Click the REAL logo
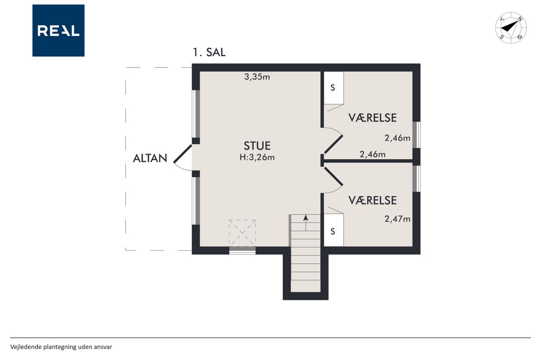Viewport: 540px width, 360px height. [58, 30]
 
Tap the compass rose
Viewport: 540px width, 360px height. [511, 28]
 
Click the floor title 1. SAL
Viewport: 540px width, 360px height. [209, 52]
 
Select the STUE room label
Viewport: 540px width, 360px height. [257, 146]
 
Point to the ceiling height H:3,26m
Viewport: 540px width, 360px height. [257, 157]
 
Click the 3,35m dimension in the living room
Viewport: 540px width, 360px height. [257, 77]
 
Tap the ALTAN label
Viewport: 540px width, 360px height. [150, 158]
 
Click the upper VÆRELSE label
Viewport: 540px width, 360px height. [373, 118]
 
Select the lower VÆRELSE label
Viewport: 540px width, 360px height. [373, 200]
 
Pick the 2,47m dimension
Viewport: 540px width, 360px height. [397, 219]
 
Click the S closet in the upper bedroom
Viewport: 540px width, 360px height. [333, 88]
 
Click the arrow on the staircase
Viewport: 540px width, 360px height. [306, 223]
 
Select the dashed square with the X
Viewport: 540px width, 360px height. [242, 233]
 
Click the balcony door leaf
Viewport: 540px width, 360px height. [183, 154]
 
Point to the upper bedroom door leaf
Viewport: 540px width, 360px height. [333, 144]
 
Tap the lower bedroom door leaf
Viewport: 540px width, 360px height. [333, 176]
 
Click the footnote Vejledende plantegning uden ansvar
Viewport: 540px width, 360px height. [61, 347]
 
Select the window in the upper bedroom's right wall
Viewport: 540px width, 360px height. [416, 135]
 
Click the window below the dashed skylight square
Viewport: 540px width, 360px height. [242, 250]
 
